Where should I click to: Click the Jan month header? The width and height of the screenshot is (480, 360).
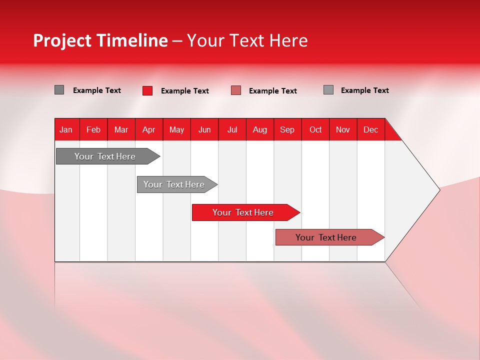(66, 129)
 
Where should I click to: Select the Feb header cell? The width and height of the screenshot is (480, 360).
(93, 129)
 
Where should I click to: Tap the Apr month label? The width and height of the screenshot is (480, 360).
(149, 129)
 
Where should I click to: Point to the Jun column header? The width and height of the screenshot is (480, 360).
(204, 129)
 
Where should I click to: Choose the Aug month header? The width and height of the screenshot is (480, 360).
(260, 129)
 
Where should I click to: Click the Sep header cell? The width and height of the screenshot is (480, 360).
(287, 129)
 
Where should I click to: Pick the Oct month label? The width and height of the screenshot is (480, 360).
(315, 129)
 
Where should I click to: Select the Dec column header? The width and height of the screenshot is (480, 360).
(370, 129)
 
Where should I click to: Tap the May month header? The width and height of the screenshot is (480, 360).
(176, 129)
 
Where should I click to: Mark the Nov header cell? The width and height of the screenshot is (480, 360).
(343, 129)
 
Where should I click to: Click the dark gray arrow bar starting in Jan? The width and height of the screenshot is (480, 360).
(108, 156)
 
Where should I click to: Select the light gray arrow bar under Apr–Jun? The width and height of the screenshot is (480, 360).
(177, 184)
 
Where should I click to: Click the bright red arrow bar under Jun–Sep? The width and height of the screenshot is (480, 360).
(246, 212)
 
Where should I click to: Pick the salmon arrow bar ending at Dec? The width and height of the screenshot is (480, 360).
(330, 237)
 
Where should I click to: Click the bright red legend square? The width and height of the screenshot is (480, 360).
(147, 90)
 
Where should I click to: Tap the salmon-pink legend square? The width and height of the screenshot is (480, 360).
(236, 90)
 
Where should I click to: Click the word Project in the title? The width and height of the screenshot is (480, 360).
(62, 40)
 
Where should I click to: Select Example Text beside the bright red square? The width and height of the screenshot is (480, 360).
(185, 91)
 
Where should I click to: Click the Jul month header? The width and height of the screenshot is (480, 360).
(232, 129)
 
